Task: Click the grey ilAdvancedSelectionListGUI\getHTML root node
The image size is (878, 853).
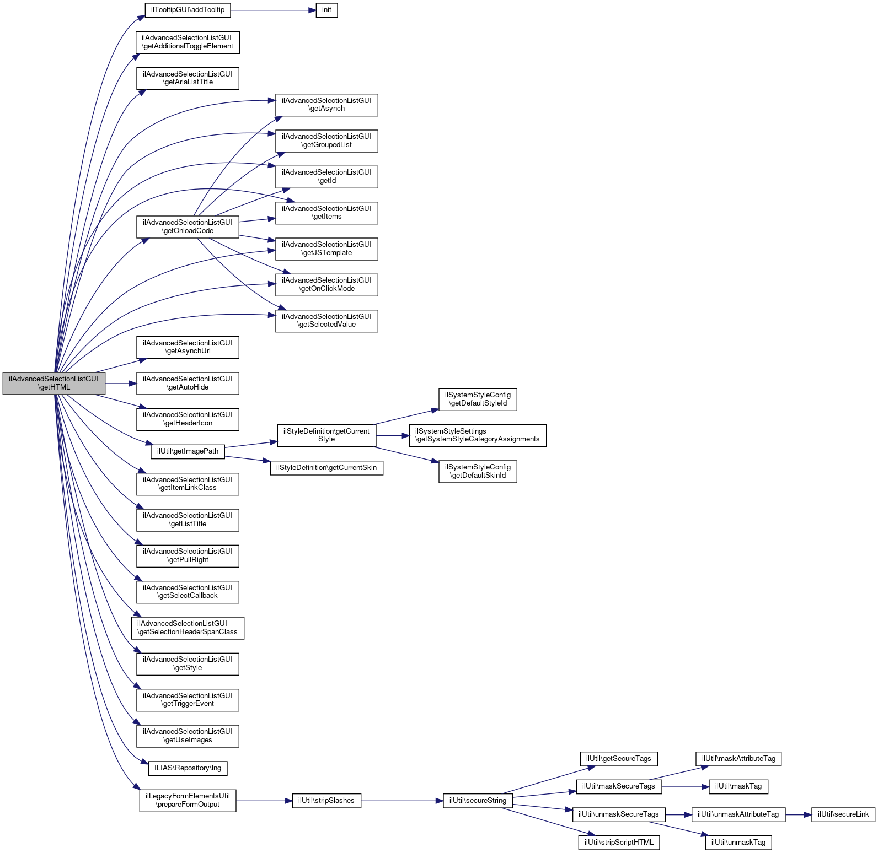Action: click(53, 383)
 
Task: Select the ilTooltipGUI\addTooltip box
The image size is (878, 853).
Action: click(188, 10)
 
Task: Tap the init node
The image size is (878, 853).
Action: click(326, 10)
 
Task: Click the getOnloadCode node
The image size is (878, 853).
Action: click(188, 226)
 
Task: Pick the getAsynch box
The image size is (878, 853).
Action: click(326, 105)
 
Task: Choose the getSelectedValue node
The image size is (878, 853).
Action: click(326, 321)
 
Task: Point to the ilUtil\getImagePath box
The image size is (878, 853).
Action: click(188, 451)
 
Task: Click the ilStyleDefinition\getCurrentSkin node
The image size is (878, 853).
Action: click(326, 468)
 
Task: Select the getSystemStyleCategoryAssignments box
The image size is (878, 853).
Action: click(478, 435)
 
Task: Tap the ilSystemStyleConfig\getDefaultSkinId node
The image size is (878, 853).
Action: click(478, 471)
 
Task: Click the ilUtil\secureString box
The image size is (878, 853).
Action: click(478, 801)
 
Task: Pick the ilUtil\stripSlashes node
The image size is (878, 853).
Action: click(326, 801)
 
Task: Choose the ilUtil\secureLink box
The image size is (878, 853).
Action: click(843, 814)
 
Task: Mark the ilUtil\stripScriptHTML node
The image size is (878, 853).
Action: click(619, 843)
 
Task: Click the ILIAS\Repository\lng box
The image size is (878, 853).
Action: click(188, 768)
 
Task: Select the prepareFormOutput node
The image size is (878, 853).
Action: click(188, 801)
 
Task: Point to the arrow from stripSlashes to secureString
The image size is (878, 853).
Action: click(402, 801)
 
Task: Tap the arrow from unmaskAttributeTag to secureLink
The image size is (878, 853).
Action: click(798, 814)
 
